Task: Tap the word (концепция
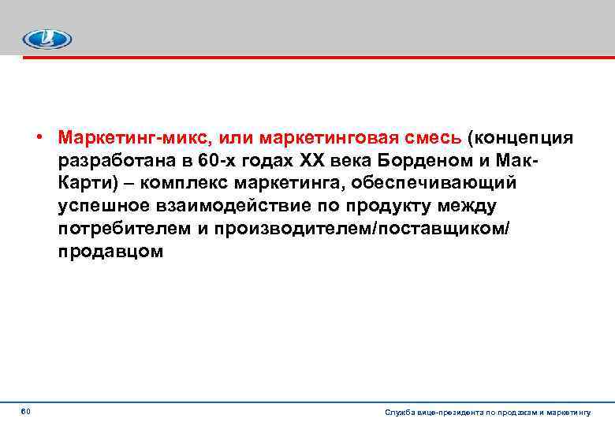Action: (x=521, y=139)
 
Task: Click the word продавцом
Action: (x=110, y=252)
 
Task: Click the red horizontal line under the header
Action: (x=315, y=57)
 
